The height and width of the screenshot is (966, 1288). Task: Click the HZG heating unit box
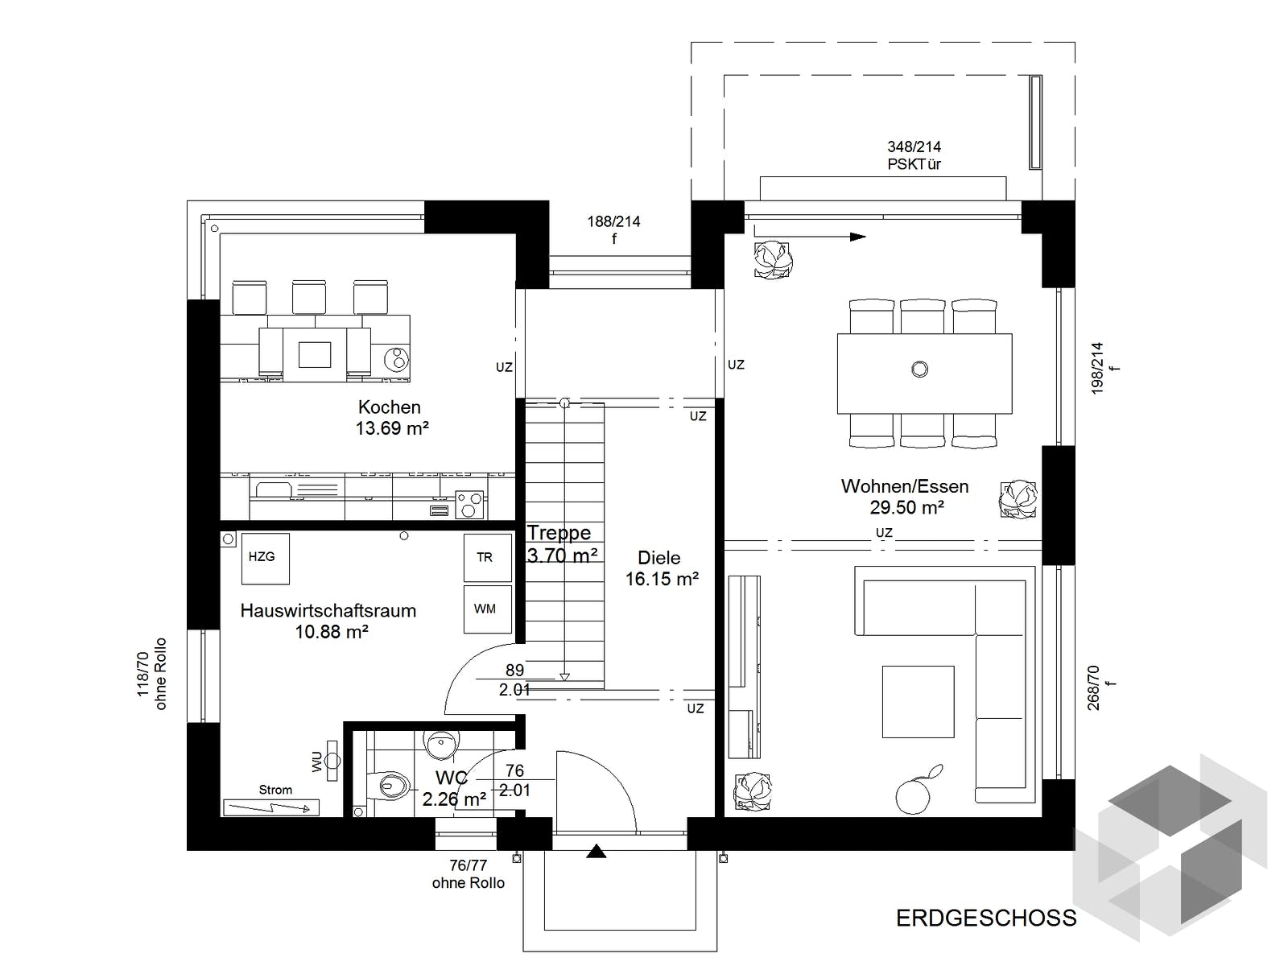coord(265,559)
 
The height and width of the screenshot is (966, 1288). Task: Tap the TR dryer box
coord(487,557)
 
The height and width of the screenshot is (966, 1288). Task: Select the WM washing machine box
coord(487,609)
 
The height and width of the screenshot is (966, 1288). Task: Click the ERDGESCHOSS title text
coord(986,918)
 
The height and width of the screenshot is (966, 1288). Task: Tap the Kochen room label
coord(390,407)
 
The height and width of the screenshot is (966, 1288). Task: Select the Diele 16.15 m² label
coord(662,568)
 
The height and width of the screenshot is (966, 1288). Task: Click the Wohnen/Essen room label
coord(905,485)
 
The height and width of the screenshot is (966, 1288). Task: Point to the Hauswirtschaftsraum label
coord(328,610)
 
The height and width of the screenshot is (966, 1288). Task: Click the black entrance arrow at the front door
coord(597,851)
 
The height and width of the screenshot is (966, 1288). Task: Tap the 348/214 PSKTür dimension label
coord(914,155)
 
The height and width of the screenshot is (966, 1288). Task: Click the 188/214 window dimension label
coord(613,229)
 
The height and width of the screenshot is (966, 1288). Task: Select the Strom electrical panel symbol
coord(270,807)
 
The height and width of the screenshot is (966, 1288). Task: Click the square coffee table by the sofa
coord(919,701)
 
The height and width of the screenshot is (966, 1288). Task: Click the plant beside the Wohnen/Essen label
coord(1018,500)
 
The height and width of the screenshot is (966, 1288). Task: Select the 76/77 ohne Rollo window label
coord(469,874)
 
